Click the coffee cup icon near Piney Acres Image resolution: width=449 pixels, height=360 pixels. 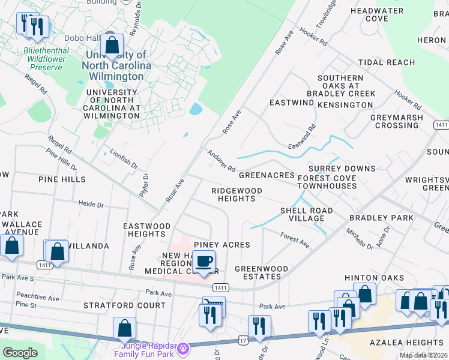point(203,262)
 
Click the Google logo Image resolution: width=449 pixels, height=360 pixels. point(20,353)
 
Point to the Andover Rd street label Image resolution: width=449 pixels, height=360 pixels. point(221,160)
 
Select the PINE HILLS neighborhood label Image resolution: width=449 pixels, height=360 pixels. point(62,179)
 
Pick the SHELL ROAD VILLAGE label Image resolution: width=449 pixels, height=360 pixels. point(306,215)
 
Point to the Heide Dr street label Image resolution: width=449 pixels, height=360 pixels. point(91,205)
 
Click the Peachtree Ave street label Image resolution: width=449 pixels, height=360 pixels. point(38,298)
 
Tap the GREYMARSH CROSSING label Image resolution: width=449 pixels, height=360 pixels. point(397,122)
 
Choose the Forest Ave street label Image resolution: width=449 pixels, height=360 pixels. point(295,241)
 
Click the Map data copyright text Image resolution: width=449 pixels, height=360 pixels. point(423,355)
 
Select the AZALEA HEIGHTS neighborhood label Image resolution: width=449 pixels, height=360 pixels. point(410,342)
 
